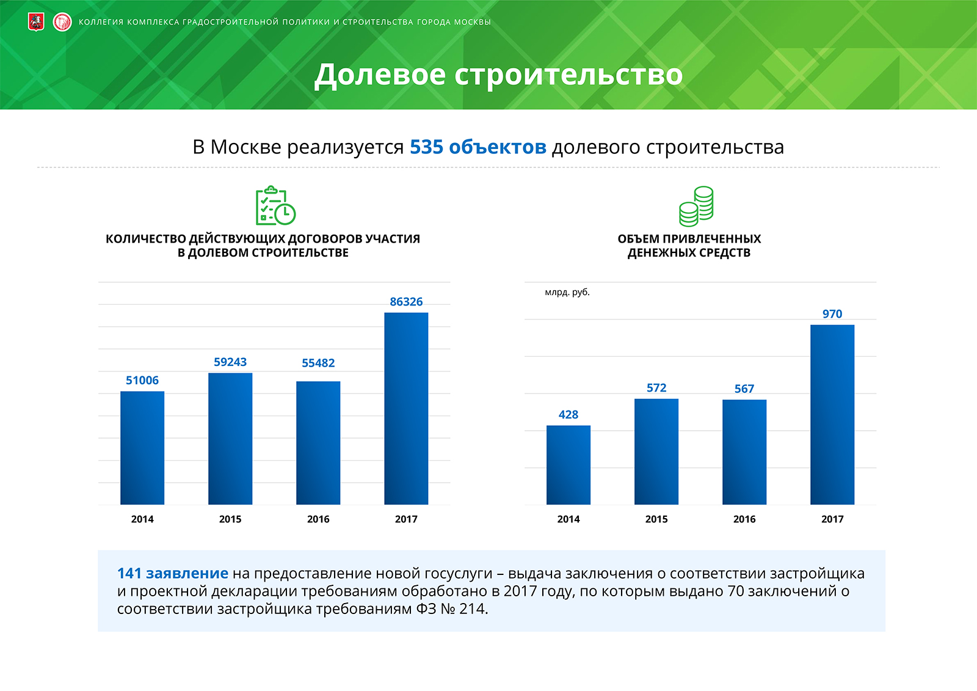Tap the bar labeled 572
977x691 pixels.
tap(656, 452)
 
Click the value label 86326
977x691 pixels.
tap(406, 302)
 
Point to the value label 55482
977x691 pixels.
tap(318, 363)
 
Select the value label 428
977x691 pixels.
tap(568, 415)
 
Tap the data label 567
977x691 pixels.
tap(744, 389)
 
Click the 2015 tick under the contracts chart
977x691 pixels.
tap(230, 519)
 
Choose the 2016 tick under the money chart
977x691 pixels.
tap(744, 519)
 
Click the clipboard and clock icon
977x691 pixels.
tap(275, 206)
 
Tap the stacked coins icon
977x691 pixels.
tap(696, 206)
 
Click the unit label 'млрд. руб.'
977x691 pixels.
tap(567, 293)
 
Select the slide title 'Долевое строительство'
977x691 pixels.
tap(498, 75)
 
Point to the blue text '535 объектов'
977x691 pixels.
tap(478, 147)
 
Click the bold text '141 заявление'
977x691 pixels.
tap(172, 574)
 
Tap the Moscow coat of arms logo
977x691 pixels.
tap(36, 23)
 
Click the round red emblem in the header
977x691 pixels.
tap(62, 23)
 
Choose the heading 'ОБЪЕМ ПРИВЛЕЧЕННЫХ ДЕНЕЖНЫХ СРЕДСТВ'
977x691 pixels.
tap(689, 246)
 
